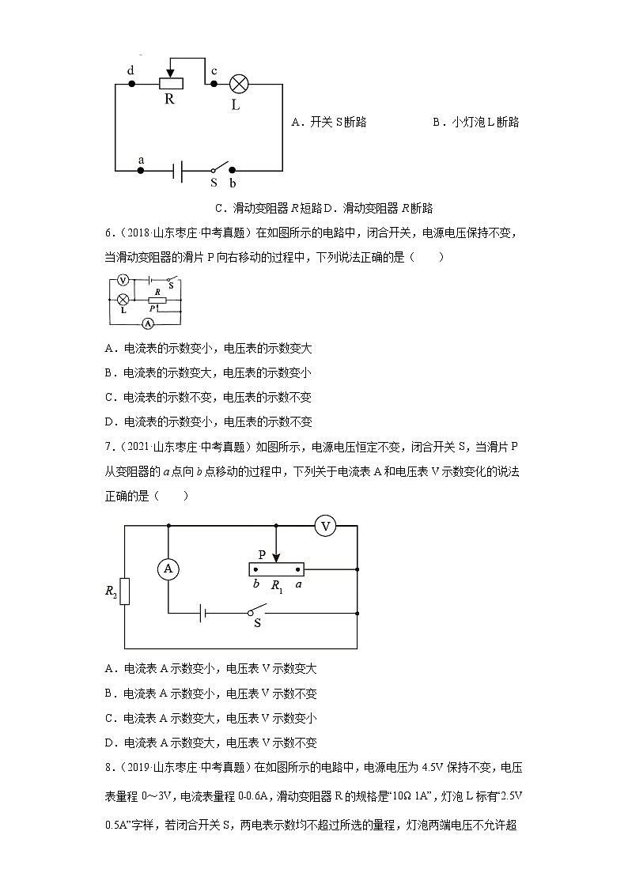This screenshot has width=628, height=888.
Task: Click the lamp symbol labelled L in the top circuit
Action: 239,84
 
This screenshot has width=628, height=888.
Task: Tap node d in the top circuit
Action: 131,83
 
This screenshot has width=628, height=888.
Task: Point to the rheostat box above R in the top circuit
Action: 171,83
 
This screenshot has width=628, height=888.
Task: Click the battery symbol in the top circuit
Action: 180,170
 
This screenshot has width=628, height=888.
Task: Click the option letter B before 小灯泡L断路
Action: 436,123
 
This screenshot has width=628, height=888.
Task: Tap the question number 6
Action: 108,233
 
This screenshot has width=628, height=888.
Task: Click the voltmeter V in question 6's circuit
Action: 123,280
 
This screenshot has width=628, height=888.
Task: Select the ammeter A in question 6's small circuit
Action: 146,323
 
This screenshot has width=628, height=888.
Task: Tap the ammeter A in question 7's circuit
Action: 167,568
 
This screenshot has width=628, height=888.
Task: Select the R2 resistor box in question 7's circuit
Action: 125,591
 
